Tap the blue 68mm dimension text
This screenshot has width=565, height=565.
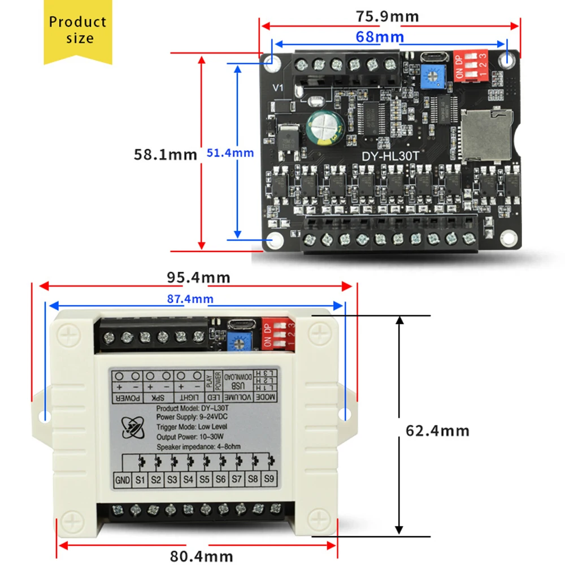[x=380, y=38]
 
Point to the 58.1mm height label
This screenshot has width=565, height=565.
[x=165, y=154]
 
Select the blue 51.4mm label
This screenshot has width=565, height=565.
[x=230, y=153]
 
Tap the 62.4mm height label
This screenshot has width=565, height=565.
[x=437, y=431]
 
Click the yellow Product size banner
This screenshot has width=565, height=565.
[x=77, y=31]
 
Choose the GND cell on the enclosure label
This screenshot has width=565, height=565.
[x=123, y=480]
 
